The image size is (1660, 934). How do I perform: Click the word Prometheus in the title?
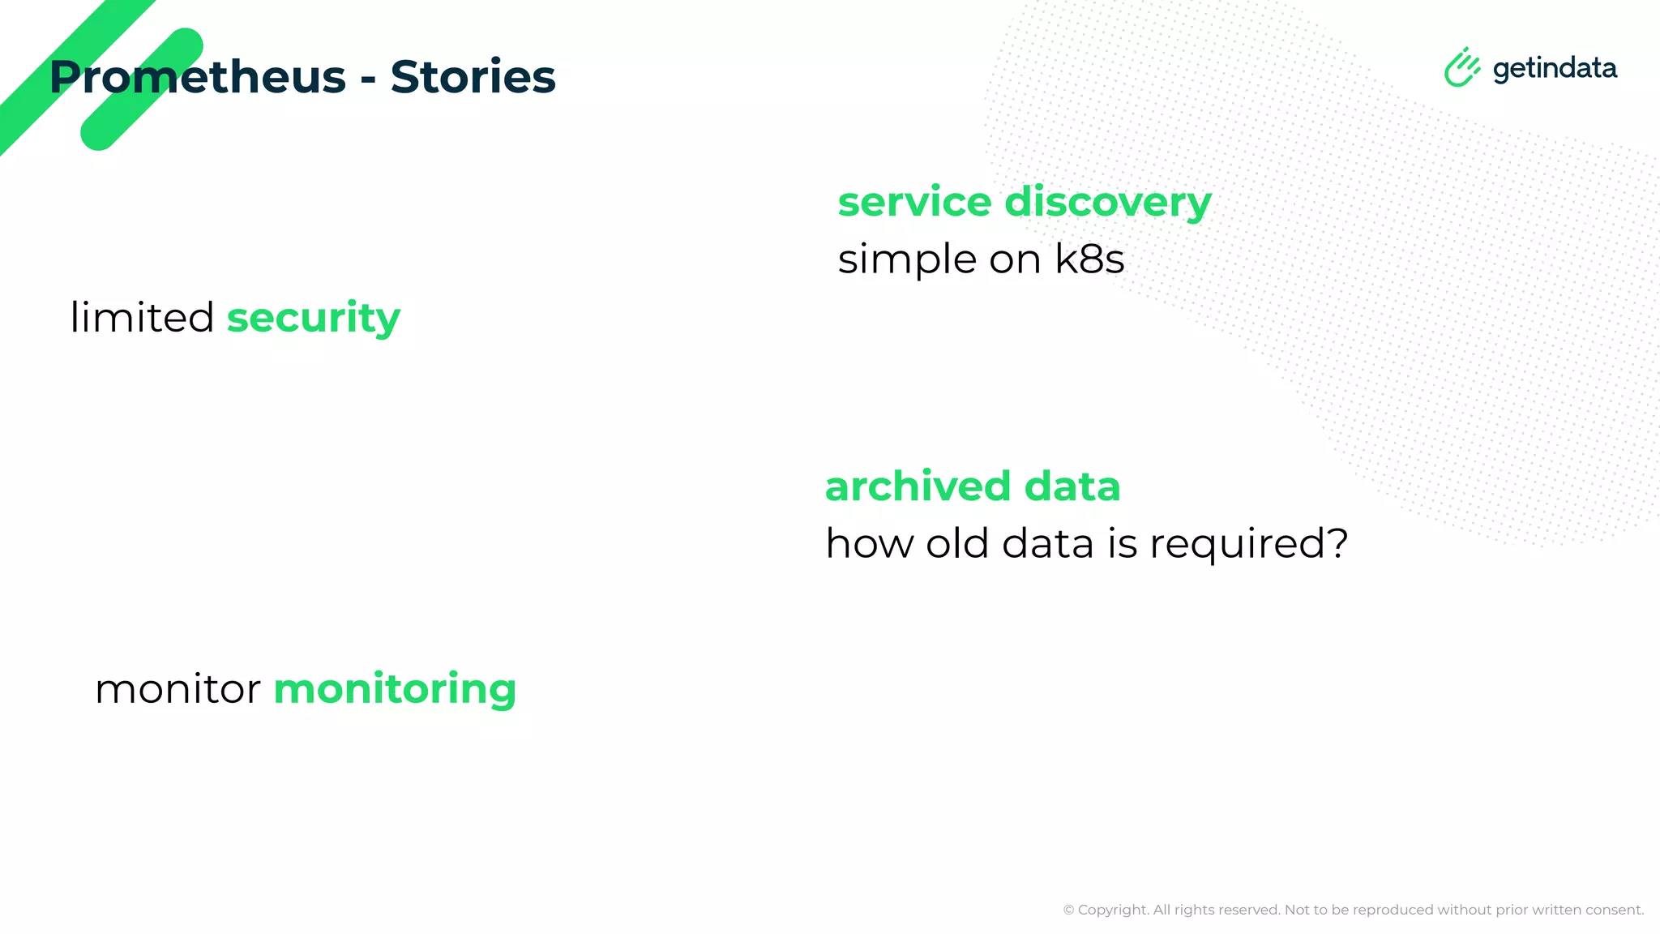click(x=197, y=78)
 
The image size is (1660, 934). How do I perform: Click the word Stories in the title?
click(x=473, y=78)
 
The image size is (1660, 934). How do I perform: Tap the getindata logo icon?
click(x=1461, y=67)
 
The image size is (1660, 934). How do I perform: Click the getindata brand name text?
click(x=1554, y=69)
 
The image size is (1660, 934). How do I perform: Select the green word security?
click(x=313, y=318)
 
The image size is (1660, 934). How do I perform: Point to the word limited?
click(x=142, y=317)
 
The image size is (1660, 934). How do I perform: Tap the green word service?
click(x=914, y=203)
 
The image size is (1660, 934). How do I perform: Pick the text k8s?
click(x=1089, y=259)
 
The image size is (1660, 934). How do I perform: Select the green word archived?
click(x=918, y=486)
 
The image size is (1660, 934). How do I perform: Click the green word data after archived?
click(x=1072, y=486)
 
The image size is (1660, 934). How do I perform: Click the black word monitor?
click(x=178, y=690)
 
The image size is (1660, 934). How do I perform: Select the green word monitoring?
click(x=395, y=690)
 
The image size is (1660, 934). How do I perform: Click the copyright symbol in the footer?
click(x=1068, y=910)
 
